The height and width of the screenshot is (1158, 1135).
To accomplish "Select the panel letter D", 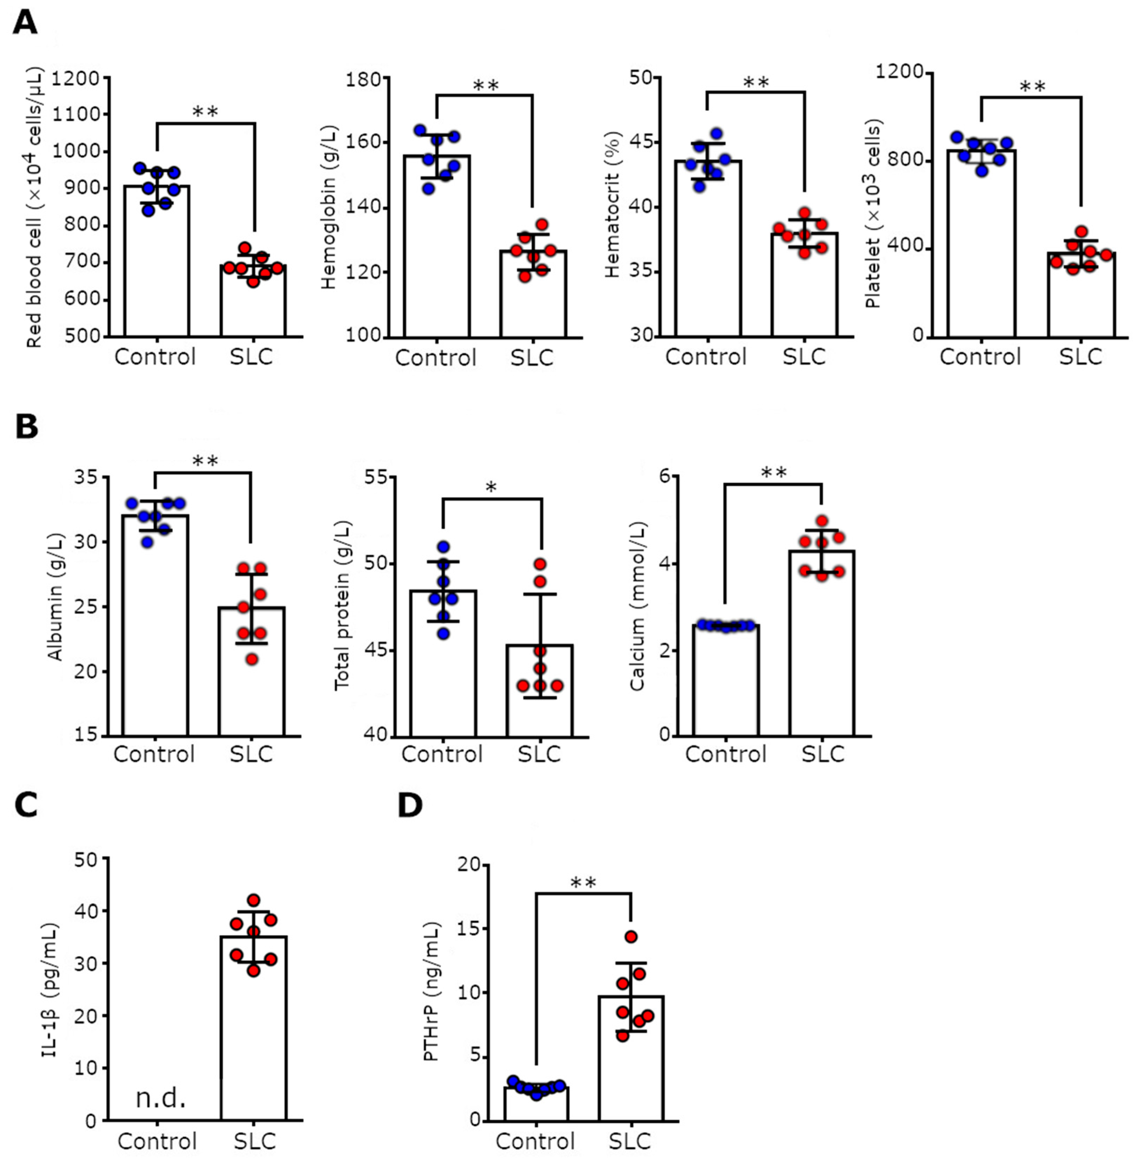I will tap(410, 805).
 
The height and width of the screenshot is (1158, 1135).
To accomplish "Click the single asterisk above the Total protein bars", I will tap(491, 488).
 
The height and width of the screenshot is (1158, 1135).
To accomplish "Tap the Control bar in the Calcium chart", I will tap(726, 683).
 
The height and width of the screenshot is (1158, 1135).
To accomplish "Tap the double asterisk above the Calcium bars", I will tap(774, 473).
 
